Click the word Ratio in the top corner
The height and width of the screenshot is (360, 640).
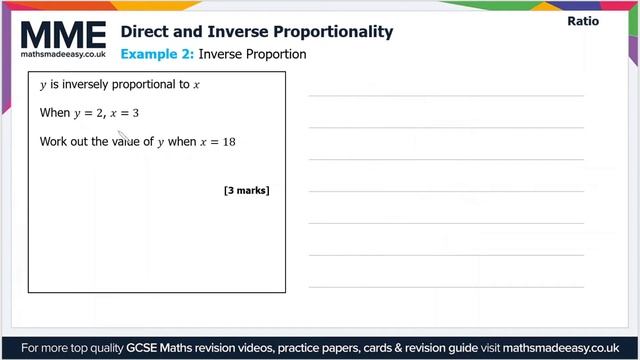[x=582, y=21]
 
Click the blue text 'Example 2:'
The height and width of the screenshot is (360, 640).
[x=157, y=54]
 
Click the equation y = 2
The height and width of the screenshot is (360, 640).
[x=87, y=114]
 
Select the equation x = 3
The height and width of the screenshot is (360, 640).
[x=124, y=114]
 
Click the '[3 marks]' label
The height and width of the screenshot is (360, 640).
[x=247, y=190]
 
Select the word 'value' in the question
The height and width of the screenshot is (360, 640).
[x=139, y=142]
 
